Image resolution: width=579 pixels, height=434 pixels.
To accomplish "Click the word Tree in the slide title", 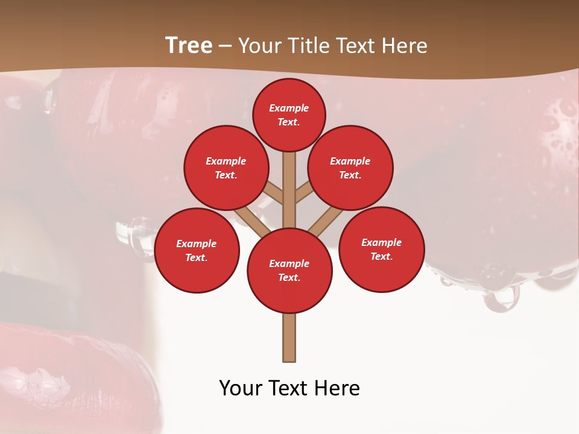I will tap(189, 46).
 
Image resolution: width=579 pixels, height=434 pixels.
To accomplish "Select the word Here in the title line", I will tap(405, 46).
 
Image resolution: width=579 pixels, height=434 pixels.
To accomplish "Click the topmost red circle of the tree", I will tap(289, 115).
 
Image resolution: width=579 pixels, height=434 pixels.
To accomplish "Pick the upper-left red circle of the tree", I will tap(226, 168).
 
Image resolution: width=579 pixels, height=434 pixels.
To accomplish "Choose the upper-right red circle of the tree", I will tap(350, 168).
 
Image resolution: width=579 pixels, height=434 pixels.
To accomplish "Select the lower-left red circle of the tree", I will tap(197, 250).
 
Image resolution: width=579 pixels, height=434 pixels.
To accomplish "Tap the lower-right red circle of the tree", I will tap(382, 249).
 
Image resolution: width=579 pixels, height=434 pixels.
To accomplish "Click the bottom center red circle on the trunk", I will tap(289, 270).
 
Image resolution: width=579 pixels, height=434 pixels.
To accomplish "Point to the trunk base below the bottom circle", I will tap(289, 338).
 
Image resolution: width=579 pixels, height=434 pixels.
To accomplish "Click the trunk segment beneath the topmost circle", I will tap(289, 181).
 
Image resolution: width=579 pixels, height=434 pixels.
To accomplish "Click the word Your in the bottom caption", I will tap(241, 388).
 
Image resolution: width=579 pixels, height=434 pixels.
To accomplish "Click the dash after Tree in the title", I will tap(225, 46).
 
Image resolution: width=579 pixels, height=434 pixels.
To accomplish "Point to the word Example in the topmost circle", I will tap(289, 108).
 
